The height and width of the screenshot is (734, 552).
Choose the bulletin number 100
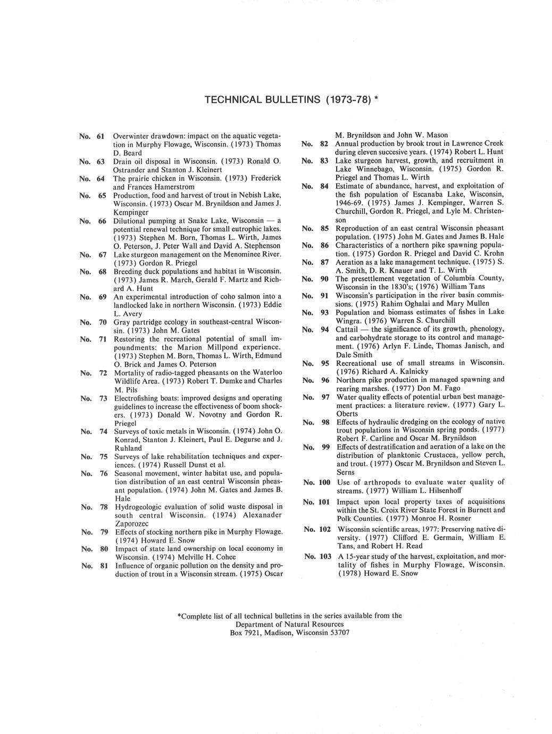pyautogui.click(x=324, y=482)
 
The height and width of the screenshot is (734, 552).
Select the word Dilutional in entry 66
pyautogui.click(x=131, y=220)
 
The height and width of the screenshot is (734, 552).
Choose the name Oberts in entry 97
pyautogui.click(x=347, y=413)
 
